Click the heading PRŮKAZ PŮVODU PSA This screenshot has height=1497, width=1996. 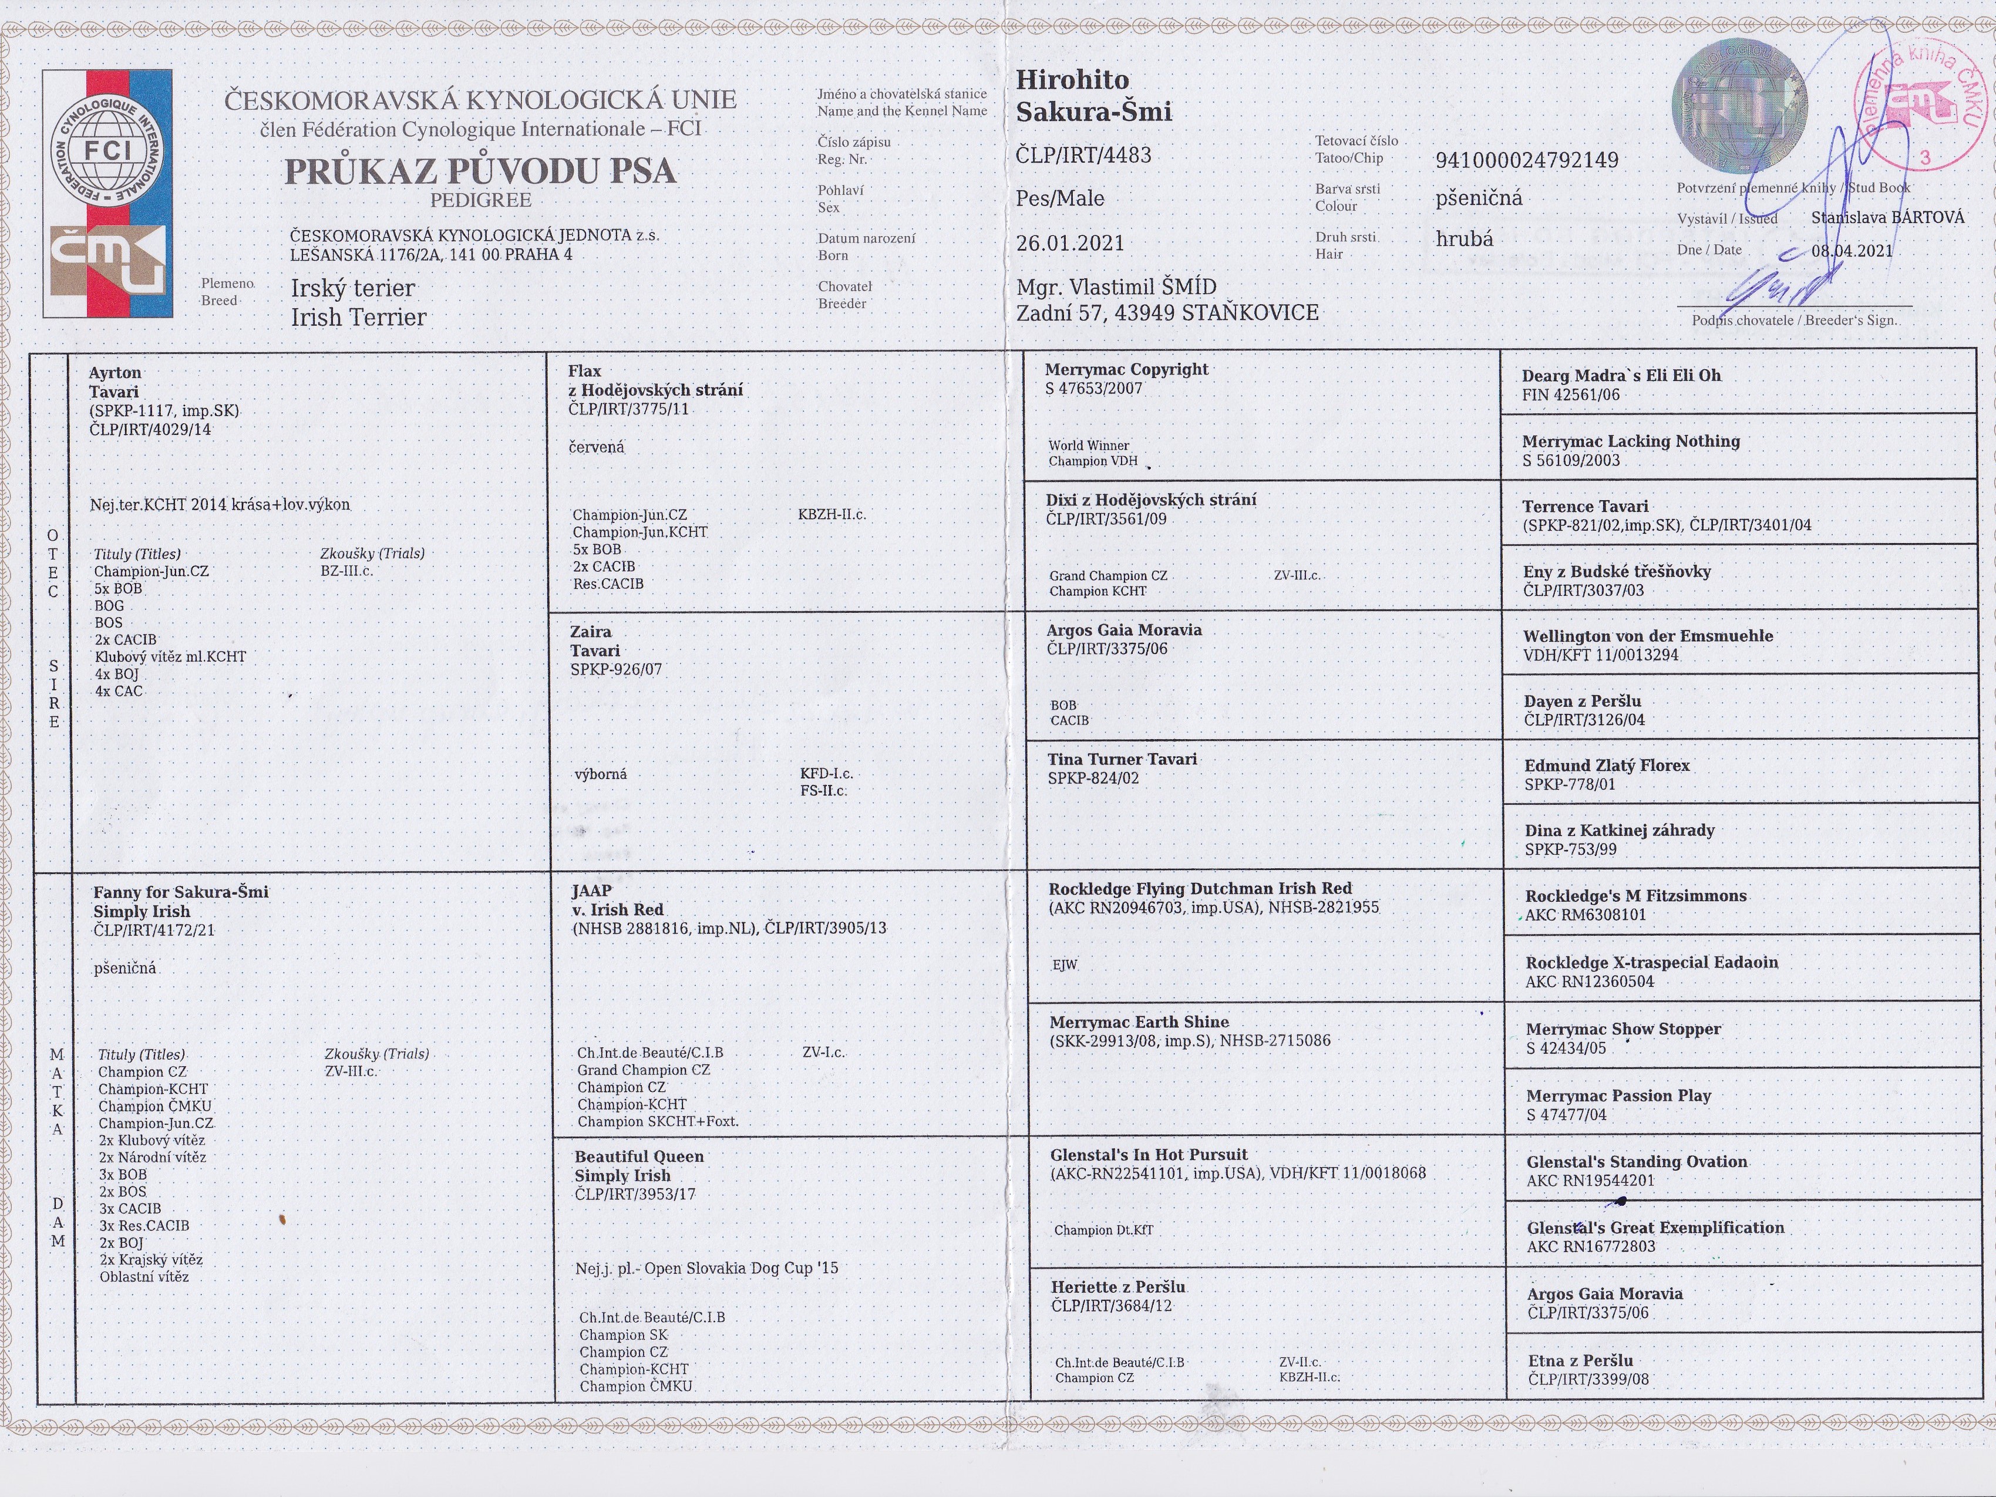pos(480,171)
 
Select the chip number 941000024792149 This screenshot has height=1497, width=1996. pos(1527,161)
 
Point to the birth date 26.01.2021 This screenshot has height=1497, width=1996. pos(1070,242)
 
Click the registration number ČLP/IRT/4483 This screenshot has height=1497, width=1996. pos(1083,155)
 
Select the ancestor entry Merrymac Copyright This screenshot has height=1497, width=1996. pos(1126,369)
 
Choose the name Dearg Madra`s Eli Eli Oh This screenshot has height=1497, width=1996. pos(1621,375)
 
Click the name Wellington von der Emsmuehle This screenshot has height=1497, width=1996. pos(1648,635)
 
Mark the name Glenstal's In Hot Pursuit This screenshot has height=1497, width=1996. pos(1149,1154)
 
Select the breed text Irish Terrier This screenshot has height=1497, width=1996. pos(358,318)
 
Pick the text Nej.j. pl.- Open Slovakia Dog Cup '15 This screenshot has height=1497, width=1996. pos(706,1268)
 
